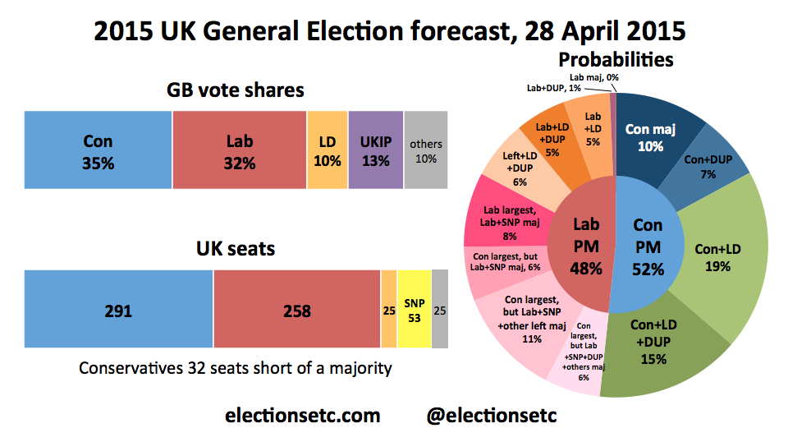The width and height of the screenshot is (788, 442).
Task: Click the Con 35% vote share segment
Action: (98, 151)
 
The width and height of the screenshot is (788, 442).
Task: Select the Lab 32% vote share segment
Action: (240, 151)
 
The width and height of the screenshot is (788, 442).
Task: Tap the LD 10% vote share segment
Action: (328, 151)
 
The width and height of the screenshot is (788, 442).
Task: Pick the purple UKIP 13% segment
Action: (376, 151)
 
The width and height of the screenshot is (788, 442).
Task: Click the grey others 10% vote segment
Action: (426, 151)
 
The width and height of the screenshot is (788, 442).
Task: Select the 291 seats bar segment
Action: (119, 310)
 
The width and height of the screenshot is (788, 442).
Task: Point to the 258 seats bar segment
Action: (296, 310)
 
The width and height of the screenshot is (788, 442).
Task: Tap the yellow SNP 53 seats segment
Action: (414, 310)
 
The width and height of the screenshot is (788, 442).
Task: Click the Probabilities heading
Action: (616, 60)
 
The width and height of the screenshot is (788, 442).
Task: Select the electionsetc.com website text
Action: (302, 416)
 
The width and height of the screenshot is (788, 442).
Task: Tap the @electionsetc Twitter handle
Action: (492, 416)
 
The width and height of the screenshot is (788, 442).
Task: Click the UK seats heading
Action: (236, 247)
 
